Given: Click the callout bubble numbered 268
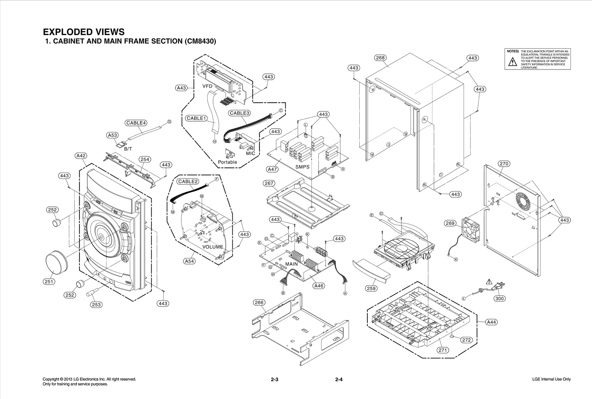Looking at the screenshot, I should [380, 58].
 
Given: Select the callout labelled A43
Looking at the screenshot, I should [181, 88].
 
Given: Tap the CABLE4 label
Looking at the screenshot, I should [136, 123].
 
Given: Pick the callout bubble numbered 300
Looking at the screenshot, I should [499, 299].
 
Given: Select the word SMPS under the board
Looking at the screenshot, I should [302, 167].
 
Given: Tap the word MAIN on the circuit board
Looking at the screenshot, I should [292, 264].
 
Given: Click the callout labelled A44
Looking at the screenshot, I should [491, 322].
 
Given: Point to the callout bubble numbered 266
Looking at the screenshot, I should [259, 303].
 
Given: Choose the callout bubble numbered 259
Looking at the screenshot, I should [371, 289].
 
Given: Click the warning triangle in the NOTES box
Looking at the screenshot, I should [512, 62].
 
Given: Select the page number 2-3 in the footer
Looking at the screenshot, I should [274, 379].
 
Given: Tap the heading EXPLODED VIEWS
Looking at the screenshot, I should [84, 32].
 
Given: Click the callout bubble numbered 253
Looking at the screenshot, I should [96, 305].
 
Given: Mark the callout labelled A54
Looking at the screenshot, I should [189, 261].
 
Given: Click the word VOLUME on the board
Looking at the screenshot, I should [213, 247].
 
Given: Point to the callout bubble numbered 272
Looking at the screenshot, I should [467, 340].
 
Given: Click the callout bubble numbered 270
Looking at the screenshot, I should [504, 164].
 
